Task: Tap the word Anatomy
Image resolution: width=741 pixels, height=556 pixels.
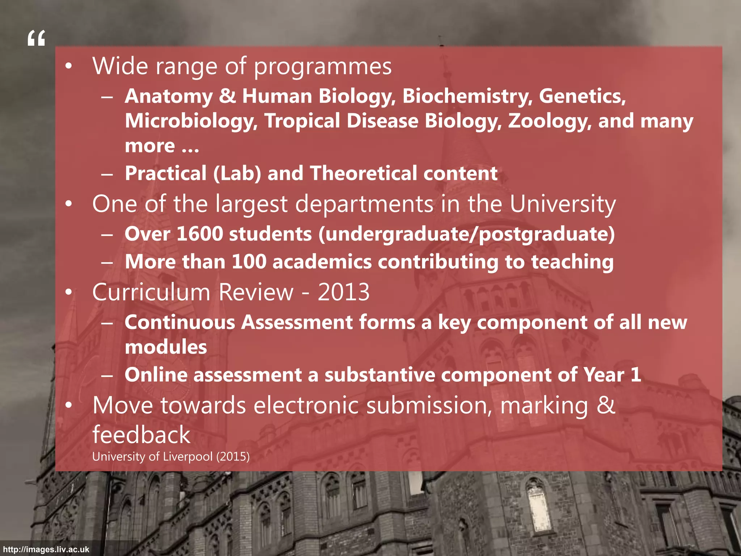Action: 169,96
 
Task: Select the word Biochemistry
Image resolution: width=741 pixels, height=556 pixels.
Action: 467,96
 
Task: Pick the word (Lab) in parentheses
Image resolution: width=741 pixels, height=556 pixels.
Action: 237,173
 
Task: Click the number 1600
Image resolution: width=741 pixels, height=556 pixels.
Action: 200,234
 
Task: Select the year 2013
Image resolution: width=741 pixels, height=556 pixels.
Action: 344,292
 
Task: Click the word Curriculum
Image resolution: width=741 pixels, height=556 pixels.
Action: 152,292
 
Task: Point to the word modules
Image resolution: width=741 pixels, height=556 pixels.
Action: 166,347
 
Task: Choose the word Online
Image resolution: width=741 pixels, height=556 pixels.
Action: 156,375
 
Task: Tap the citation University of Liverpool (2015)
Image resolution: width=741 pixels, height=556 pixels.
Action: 171,456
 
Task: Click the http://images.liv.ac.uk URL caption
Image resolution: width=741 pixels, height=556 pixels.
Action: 46,549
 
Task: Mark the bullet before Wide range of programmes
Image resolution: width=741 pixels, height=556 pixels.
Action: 69,66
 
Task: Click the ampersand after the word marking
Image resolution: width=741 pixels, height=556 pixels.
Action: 606,405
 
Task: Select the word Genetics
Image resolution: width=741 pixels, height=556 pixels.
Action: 582,96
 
